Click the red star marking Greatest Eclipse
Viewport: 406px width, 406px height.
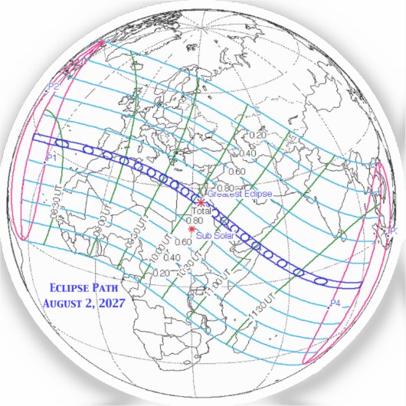pyautogui.click(x=201, y=201)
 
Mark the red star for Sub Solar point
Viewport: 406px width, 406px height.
pyautogui.click(x=191, y=228)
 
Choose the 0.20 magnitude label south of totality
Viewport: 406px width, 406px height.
pyautogui.click(x=161, y=272)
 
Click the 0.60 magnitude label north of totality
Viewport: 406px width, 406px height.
pyautogui.click(x=237, y=172)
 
